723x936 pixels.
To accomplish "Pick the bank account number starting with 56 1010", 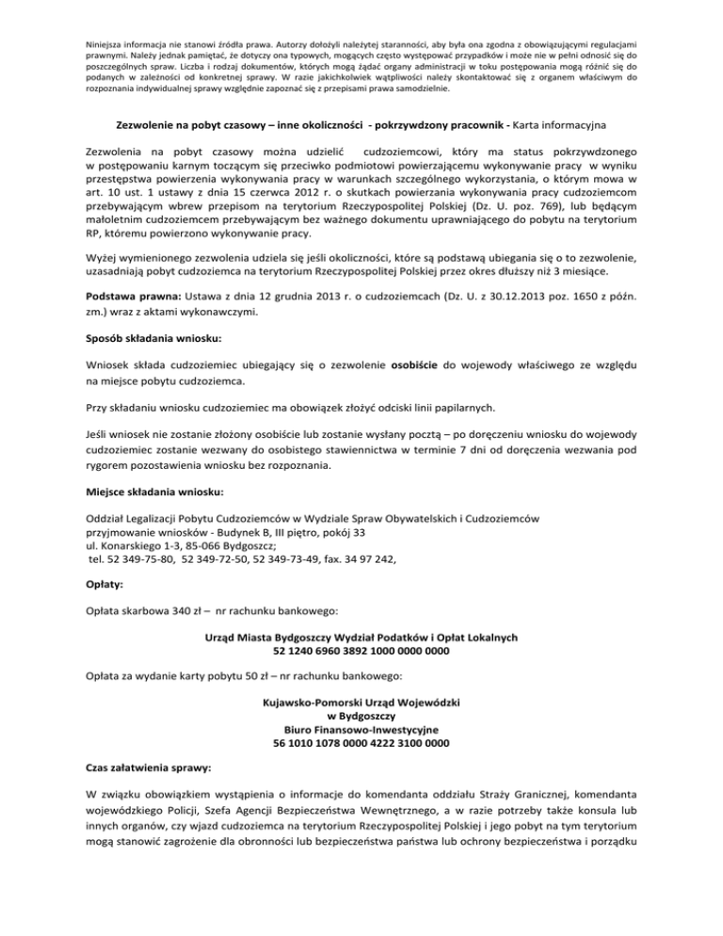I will pos(361,742).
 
